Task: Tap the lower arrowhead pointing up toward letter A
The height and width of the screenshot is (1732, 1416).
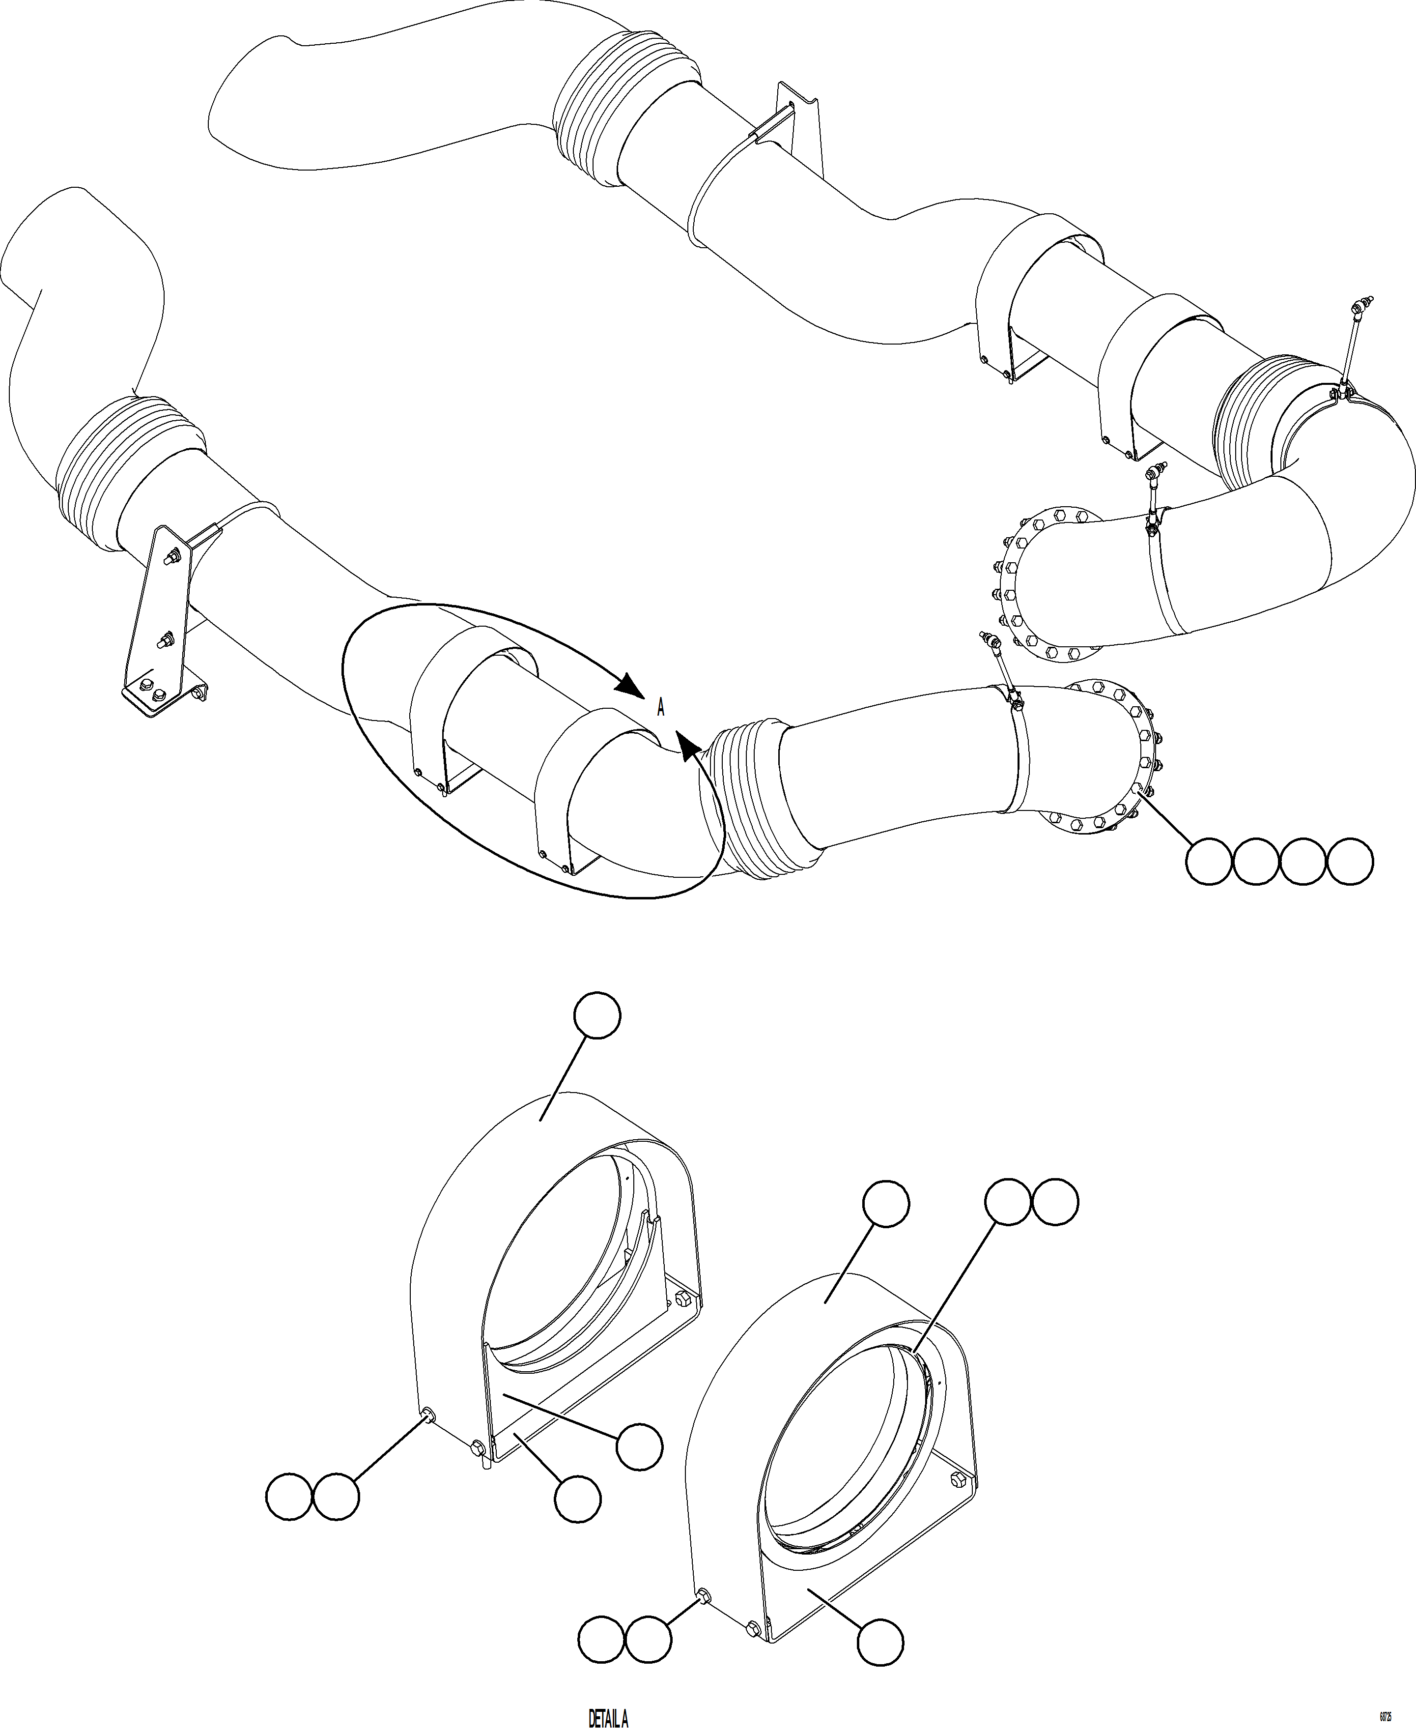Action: [x=687, y=743]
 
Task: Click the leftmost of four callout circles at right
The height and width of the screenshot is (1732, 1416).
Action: [x=1208, y=861]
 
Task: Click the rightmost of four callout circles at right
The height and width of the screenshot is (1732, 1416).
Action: [x=1350, y=861]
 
